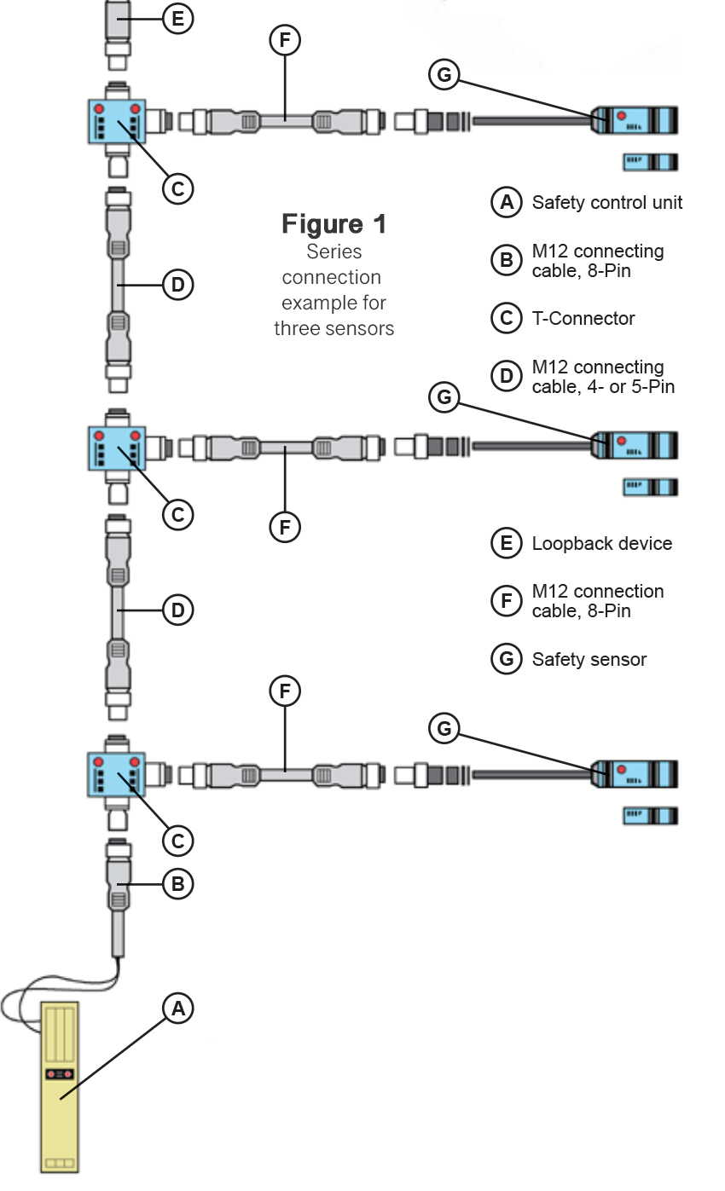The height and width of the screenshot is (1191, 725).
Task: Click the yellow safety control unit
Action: [60, 1087]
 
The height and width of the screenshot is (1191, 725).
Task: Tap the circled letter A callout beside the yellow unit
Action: [177, 1009]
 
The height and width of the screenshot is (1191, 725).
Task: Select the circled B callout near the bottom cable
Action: [177, 884]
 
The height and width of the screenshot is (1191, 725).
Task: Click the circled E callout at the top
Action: [177, 18]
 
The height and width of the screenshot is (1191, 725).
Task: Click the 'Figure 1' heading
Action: [333, 224]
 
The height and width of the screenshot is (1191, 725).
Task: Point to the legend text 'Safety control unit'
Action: [606, 203]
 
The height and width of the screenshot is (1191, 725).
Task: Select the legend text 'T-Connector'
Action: [583, 319]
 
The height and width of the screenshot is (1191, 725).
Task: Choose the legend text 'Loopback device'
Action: [601, 544]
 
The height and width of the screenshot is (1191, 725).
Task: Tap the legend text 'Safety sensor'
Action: [589, 660]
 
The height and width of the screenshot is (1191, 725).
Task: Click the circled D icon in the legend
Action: [507, 376]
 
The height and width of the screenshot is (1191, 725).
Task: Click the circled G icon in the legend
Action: [507, 659]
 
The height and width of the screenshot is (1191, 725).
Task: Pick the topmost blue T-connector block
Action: [117, 121]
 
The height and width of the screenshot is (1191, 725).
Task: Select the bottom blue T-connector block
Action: [117, 774]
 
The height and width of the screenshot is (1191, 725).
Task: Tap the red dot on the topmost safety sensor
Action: [622, 116]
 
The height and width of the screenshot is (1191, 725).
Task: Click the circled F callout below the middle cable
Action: [285, 528]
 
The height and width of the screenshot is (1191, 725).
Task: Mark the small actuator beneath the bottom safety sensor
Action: [650, 816]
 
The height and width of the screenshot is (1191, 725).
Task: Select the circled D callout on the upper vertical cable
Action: [177, 285]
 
